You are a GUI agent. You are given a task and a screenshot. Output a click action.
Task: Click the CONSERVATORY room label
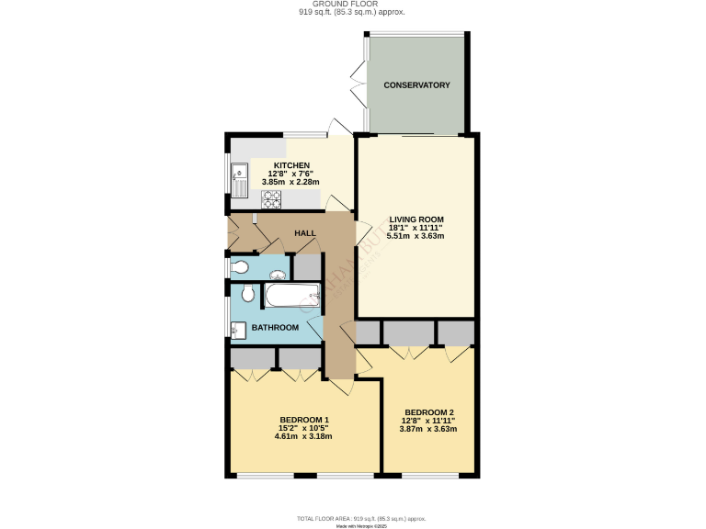coord(416,85)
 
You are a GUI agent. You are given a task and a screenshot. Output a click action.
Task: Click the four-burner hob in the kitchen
coord(272,199)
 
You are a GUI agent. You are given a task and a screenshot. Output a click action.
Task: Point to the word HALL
coord(305,233)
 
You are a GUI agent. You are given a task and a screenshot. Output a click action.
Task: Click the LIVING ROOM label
coord(416,219)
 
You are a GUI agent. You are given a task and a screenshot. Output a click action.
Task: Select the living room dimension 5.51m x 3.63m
coord(416,236)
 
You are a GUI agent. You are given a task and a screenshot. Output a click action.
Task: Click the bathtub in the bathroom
coord(292,295)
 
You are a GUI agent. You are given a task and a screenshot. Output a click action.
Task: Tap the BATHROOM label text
coord(276,328)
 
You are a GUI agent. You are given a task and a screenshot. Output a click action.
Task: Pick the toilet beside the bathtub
coord(245,295)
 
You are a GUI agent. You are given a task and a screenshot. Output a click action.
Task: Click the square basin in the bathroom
coord(237,328)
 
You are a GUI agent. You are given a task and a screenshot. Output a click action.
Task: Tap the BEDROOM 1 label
coord(303,420)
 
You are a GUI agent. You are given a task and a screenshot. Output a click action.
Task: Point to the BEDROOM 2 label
coord(428,412)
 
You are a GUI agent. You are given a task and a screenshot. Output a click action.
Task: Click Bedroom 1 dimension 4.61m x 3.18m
coord(303,436)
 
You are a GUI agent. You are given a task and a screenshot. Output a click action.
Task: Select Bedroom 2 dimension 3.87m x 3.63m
coord(428,429)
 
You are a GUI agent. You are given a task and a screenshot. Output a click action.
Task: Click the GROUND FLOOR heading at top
coord(353,5)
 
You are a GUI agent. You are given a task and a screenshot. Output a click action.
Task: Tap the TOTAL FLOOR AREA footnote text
coord(352,519)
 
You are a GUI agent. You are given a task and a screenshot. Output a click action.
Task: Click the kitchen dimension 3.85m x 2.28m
coord(290,182)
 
